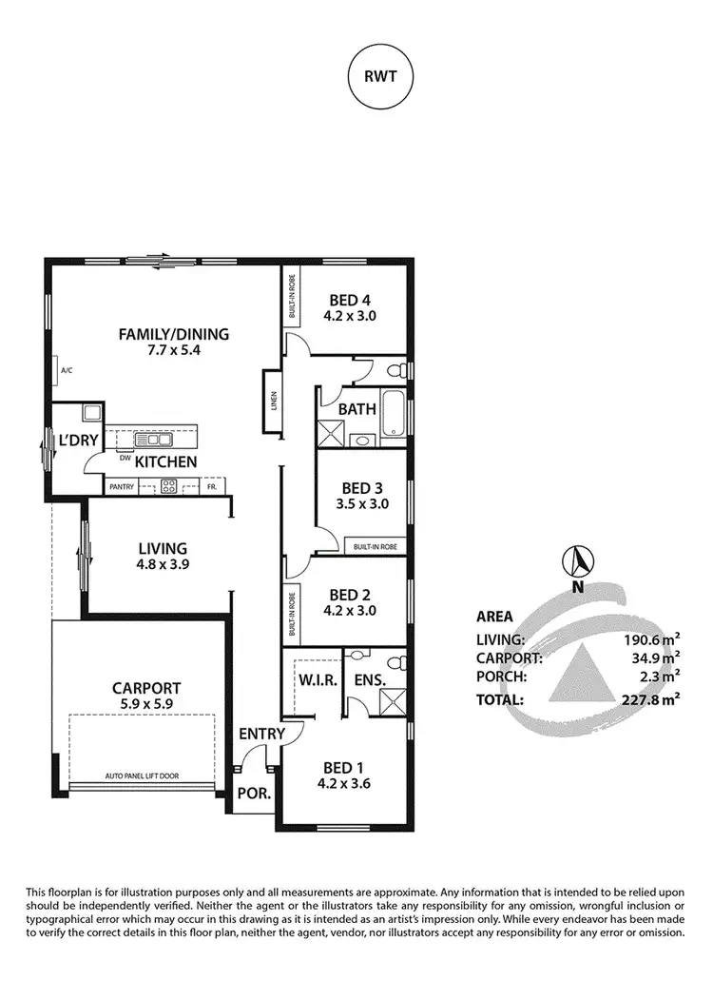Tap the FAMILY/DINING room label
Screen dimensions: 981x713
pyautogui.click(x=173, y=334)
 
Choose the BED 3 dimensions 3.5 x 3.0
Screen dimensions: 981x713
pyautogui.click(x=362, y=504)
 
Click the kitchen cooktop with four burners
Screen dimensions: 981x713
pyautogui.click(x=169, y=486)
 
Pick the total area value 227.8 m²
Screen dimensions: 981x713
pyautogui.click(x=657, y=699)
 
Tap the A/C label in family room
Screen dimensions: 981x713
pyautogui.click(x=67, y=369)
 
